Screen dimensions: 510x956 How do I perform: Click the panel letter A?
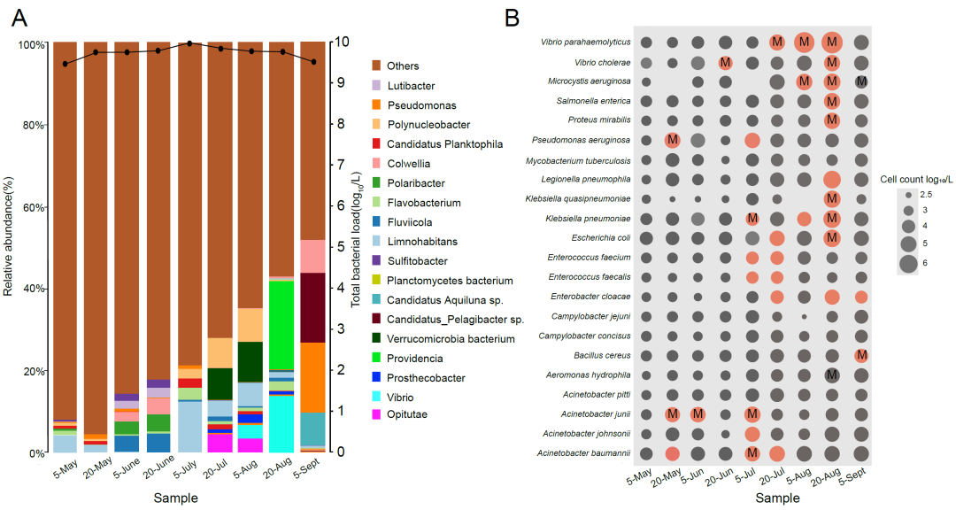(x=19, y=18)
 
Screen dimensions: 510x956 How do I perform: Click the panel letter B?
(x=513, y=18)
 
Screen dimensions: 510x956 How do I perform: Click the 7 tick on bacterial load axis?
(x=339, y=165)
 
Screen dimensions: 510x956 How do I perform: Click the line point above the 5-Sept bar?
(x=312, y=62)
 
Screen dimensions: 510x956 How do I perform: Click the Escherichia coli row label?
(x=594, y=237)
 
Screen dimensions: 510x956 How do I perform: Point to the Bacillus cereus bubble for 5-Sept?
(x=860, y=355)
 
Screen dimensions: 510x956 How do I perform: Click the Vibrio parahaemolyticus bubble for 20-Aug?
(x=832, y=42)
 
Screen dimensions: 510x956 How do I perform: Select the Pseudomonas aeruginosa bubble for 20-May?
(x=672, y=140)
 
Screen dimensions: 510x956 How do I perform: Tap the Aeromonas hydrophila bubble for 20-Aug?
(x=832, y=375)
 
